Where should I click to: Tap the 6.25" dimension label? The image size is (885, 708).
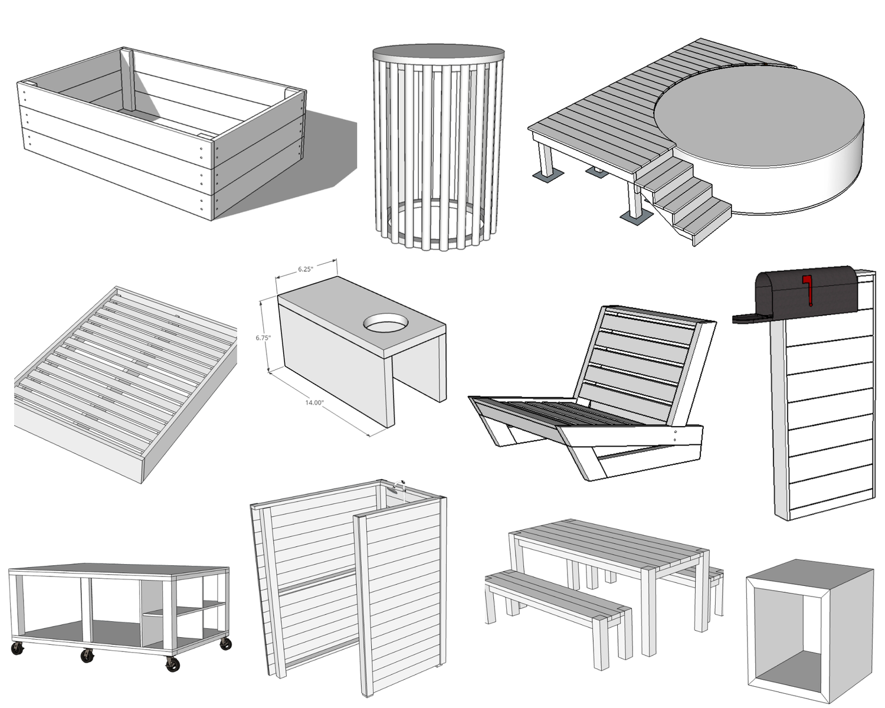point(305,269)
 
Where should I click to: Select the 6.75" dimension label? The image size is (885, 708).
point(263,338)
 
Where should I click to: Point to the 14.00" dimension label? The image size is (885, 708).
point(314,402)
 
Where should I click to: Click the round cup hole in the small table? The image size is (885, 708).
point(386,323)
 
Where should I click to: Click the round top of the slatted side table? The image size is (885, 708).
point(438,52)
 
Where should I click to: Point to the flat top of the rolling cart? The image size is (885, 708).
point(118,570)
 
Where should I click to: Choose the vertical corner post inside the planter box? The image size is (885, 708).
point(129,80)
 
